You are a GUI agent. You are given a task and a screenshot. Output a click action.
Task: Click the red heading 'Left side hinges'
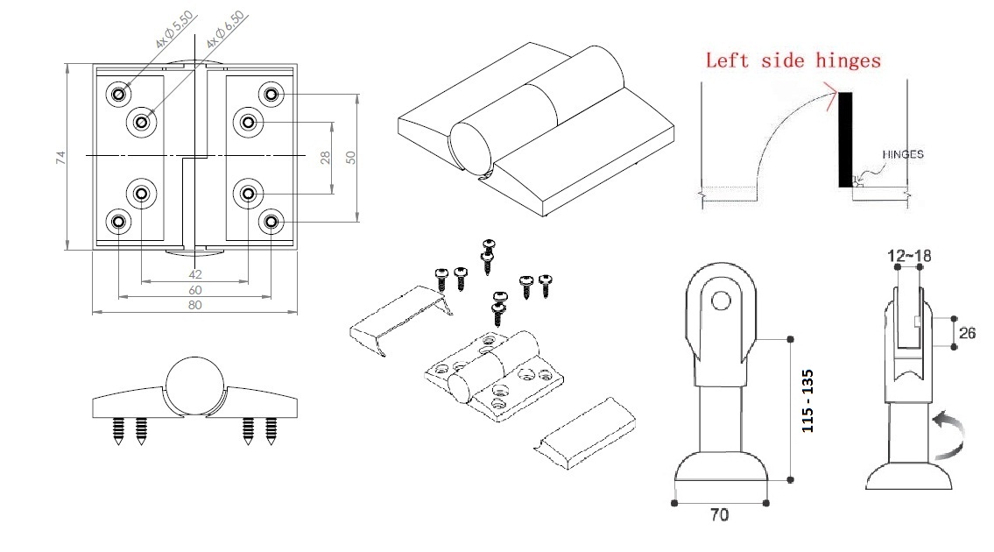(x=793, y=60)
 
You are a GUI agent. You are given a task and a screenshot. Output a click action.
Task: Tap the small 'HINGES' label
(x=901, y=154)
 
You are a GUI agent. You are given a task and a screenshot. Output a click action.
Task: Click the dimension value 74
(x=60, y=157)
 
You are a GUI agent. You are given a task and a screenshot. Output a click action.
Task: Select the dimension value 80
(x=194, y=305)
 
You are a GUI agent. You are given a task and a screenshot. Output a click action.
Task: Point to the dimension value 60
(x=194, y=290)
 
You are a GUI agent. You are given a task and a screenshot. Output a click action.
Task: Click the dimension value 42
(x=194, y=274)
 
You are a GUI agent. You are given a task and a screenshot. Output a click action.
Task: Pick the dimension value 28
(x=325, y=157)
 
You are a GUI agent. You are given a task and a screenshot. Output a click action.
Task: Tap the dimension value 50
(x=350, y=157)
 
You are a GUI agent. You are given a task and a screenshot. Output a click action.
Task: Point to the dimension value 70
(x=719, y=515)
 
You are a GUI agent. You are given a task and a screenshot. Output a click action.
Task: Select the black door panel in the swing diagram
(x=846, y=139)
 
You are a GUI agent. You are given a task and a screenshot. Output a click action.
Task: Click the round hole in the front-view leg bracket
(x=720, y=301)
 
